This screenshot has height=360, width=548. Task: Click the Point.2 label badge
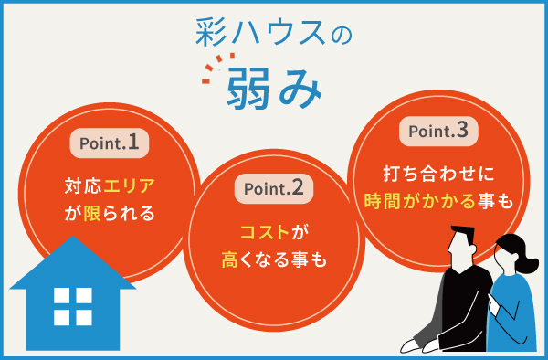tap(273, 189)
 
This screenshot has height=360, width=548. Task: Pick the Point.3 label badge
tap(438, 131)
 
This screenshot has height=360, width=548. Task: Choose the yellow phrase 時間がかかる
tap(424, 199)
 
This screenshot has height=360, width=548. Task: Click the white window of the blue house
tap(73, 306)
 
